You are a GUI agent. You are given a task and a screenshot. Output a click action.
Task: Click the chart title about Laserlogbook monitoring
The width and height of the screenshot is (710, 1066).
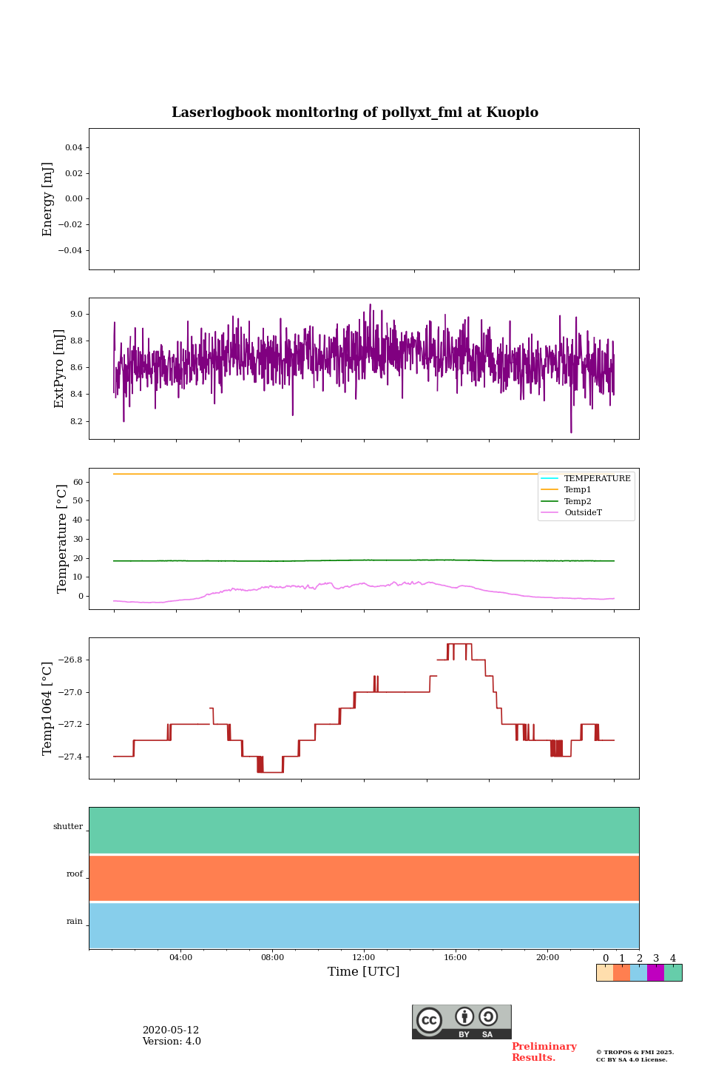pos(355,113)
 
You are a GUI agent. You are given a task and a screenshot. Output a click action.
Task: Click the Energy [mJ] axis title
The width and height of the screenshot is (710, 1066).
pos(48,199)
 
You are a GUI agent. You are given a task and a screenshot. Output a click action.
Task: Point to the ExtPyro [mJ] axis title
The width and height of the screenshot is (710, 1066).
pos(60,369)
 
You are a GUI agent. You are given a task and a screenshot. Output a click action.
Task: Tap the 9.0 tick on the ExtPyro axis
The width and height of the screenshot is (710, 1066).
pos(76,314)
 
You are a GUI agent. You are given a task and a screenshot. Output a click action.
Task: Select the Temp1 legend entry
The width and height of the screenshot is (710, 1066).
pos(578,490)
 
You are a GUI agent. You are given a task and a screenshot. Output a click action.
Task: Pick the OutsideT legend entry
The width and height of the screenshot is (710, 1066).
pos(583,513)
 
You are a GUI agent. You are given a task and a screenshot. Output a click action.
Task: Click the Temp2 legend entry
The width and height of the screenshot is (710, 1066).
pos(578,501)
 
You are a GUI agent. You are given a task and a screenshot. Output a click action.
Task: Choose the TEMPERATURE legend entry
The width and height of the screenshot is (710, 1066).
pos(597,478)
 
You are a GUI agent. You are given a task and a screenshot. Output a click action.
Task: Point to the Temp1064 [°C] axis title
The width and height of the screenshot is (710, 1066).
pos(48,708)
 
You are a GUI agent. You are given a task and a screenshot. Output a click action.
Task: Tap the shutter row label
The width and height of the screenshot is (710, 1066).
pos(68,827)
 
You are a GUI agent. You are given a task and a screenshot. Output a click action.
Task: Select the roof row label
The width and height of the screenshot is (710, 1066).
pos(75,874)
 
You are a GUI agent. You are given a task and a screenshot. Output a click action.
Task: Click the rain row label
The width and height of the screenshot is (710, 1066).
pos(75,922)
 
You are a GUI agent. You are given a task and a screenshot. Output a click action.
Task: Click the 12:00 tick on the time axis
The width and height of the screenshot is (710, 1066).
pos(364,958)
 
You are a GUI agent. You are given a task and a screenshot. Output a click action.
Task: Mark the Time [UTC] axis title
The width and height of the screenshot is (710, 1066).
pos(364,972)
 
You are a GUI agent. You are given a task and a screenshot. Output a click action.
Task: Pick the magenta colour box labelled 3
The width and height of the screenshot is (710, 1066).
pos(655,973)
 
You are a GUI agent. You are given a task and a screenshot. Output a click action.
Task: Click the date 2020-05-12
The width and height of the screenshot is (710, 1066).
pos(171,1030)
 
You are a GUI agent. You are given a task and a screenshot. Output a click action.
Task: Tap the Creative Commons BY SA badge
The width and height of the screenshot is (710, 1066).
pos(461,1022)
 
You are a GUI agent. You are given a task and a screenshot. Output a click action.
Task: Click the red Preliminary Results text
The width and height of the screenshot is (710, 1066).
pos(544,1052)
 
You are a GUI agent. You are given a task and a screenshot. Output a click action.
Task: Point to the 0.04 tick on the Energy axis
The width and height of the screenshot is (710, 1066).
pos(73,147)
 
